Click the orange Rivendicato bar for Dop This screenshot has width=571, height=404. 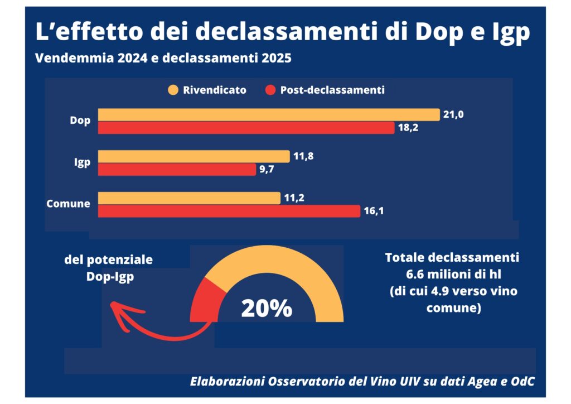click(269, 115)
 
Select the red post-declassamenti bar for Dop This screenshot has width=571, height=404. click(246, 128)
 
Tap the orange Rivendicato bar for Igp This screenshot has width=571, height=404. click(193, 156)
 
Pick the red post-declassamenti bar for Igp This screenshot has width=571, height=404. click(177, 170)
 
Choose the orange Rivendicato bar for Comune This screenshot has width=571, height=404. click(189, 198)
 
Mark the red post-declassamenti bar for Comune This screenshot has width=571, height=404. click(229, 211)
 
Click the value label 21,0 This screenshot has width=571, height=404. click(453, 115)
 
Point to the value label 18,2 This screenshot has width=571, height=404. click(408, 128)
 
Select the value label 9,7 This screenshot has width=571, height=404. click(267, 170)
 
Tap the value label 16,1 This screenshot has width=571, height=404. click(374, 211)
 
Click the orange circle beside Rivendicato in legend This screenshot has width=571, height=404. click(173, 90)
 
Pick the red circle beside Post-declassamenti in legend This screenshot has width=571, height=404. click(270, 90)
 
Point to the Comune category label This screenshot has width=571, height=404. click(68, 204)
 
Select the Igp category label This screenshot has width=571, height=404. click(83, 162)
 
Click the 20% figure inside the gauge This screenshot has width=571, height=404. click(267, 308)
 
